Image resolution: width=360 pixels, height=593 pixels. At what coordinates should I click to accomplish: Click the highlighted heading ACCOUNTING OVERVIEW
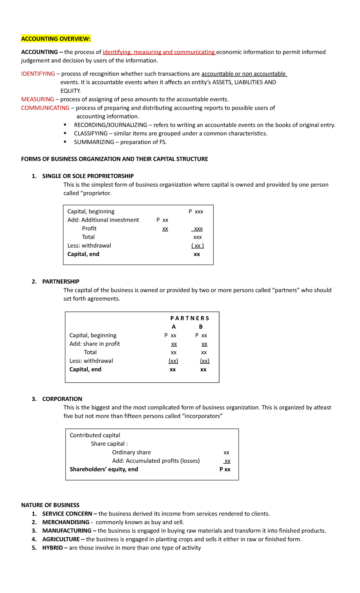coord(56,39)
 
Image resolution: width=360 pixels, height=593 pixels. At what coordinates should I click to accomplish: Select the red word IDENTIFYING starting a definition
coord(38,74)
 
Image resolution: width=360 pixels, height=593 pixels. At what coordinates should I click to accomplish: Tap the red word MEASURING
coord(37,99)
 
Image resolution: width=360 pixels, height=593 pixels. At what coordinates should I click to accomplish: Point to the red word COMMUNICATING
coord(45,108)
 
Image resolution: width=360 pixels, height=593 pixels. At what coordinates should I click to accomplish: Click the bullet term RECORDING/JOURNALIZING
coord(110,125)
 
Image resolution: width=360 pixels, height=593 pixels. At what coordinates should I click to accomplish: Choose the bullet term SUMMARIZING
coord(94,142)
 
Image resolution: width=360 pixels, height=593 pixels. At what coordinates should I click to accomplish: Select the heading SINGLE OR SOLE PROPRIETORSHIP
coord(88,176)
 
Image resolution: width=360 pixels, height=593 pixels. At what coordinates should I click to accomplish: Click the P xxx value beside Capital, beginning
coord(196,212)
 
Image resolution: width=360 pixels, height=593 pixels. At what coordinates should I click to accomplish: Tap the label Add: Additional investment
coord(103,220)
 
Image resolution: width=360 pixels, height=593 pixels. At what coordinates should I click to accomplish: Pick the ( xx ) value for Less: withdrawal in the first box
coord(197,246)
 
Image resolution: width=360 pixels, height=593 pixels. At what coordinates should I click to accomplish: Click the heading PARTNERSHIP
coord(61,281)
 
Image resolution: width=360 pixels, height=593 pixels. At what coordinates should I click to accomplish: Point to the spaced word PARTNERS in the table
coord(190,318)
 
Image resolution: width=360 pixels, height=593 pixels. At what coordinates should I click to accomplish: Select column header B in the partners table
coord(201,327)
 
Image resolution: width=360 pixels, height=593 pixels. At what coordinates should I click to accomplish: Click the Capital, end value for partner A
coord(173,370)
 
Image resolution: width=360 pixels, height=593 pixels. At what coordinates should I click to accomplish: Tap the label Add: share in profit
coord(94,344)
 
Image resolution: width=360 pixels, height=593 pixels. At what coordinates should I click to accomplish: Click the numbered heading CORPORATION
coord(62,399)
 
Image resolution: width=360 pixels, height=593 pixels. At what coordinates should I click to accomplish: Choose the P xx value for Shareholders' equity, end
coord(225,469)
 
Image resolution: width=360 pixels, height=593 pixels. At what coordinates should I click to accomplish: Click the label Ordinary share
coord(131,452)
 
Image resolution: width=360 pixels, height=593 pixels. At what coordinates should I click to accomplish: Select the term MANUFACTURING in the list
coord(67,531)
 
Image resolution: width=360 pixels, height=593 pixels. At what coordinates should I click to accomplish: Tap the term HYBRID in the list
coord(52,548)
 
